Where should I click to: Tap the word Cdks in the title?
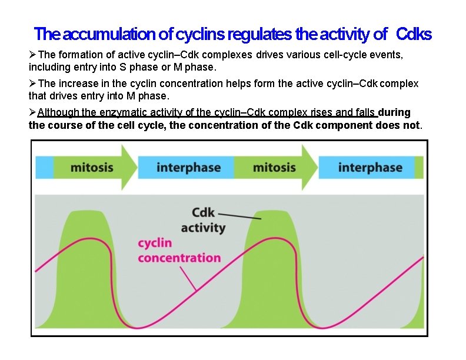[x=414, y=35]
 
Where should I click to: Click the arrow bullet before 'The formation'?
[x=33, y=54]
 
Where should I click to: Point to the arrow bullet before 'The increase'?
[x=33, y=84]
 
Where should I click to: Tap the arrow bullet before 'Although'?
[x=33, y=112]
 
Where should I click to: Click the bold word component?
[x=344, y=125]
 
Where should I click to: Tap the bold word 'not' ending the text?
[x=413, y=125]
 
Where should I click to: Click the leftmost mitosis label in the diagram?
[x=92, y=168]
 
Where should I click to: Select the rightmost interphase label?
[x=370, y=168]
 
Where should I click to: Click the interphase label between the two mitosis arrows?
[x=188, y=168]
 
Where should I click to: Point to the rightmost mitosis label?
[x=274, y=168]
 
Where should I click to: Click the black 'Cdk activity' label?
[x=203, y=220]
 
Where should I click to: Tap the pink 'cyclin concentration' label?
[x=179, y=250]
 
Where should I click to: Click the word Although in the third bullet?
[x=58, y=112]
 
